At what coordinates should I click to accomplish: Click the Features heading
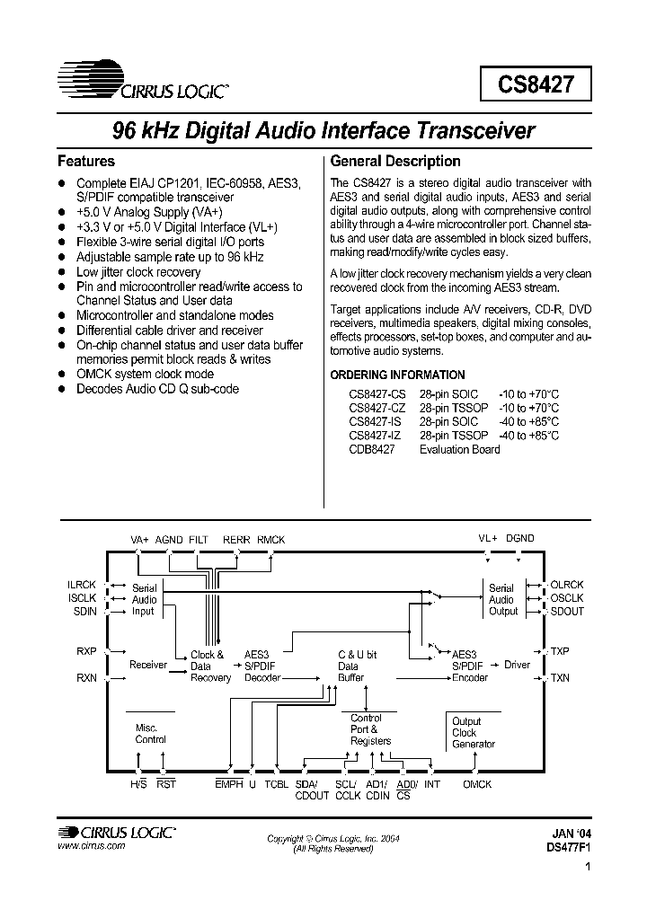(86, 162)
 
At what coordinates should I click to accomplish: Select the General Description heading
(395, 162)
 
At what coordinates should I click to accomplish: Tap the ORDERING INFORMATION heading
(398, 375)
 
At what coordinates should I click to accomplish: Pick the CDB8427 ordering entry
(371, 449)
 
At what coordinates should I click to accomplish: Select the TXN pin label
(560, 678)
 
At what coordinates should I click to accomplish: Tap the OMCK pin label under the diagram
(477, 784)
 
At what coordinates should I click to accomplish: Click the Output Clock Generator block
(473, 732)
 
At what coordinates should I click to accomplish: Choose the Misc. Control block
(150, 734)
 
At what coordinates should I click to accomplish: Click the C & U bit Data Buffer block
(358, 666)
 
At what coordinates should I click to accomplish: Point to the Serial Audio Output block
(502, 600)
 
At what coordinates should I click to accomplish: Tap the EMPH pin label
(229, 784)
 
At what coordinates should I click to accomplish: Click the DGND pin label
(519, 539)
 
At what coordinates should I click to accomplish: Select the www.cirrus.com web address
(91, 847)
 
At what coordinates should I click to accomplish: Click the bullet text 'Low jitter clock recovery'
(138, 272)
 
